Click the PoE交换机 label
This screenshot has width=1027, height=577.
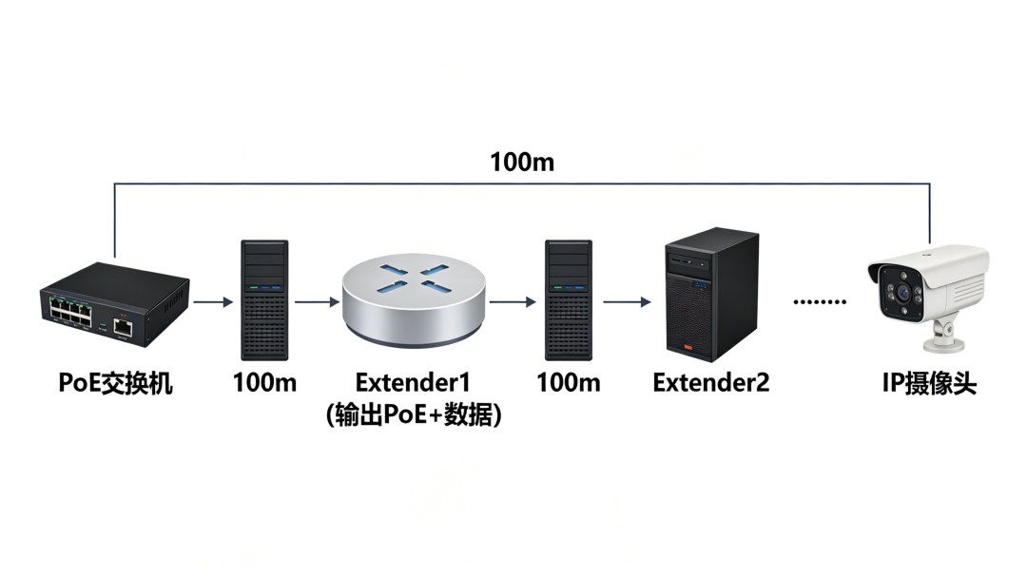[115, 384]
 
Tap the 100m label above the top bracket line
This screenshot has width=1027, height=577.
[522, 162]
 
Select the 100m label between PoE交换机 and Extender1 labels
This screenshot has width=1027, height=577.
[264, 383]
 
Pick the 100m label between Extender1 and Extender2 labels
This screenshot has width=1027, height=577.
[569, 383]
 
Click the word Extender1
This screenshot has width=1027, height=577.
[413, 383]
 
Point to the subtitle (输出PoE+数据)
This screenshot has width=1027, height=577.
[413, 415]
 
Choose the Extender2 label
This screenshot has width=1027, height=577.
[710, 383]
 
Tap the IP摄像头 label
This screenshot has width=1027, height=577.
[928, 384]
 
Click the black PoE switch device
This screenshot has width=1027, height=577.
[113, 302]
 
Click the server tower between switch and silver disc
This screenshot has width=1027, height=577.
[264, 299]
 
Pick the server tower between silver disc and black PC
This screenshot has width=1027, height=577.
[569, 299]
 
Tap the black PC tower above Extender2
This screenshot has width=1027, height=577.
[711, 296]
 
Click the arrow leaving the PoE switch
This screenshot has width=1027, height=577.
[212, 302]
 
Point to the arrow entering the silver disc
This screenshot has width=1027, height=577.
[317, 302]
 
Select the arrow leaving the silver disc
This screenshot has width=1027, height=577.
[513, 302]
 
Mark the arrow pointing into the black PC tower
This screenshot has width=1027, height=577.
[627, 302]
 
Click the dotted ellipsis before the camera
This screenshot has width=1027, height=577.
[820, 302]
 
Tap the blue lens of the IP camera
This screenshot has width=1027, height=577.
[899, 294]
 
